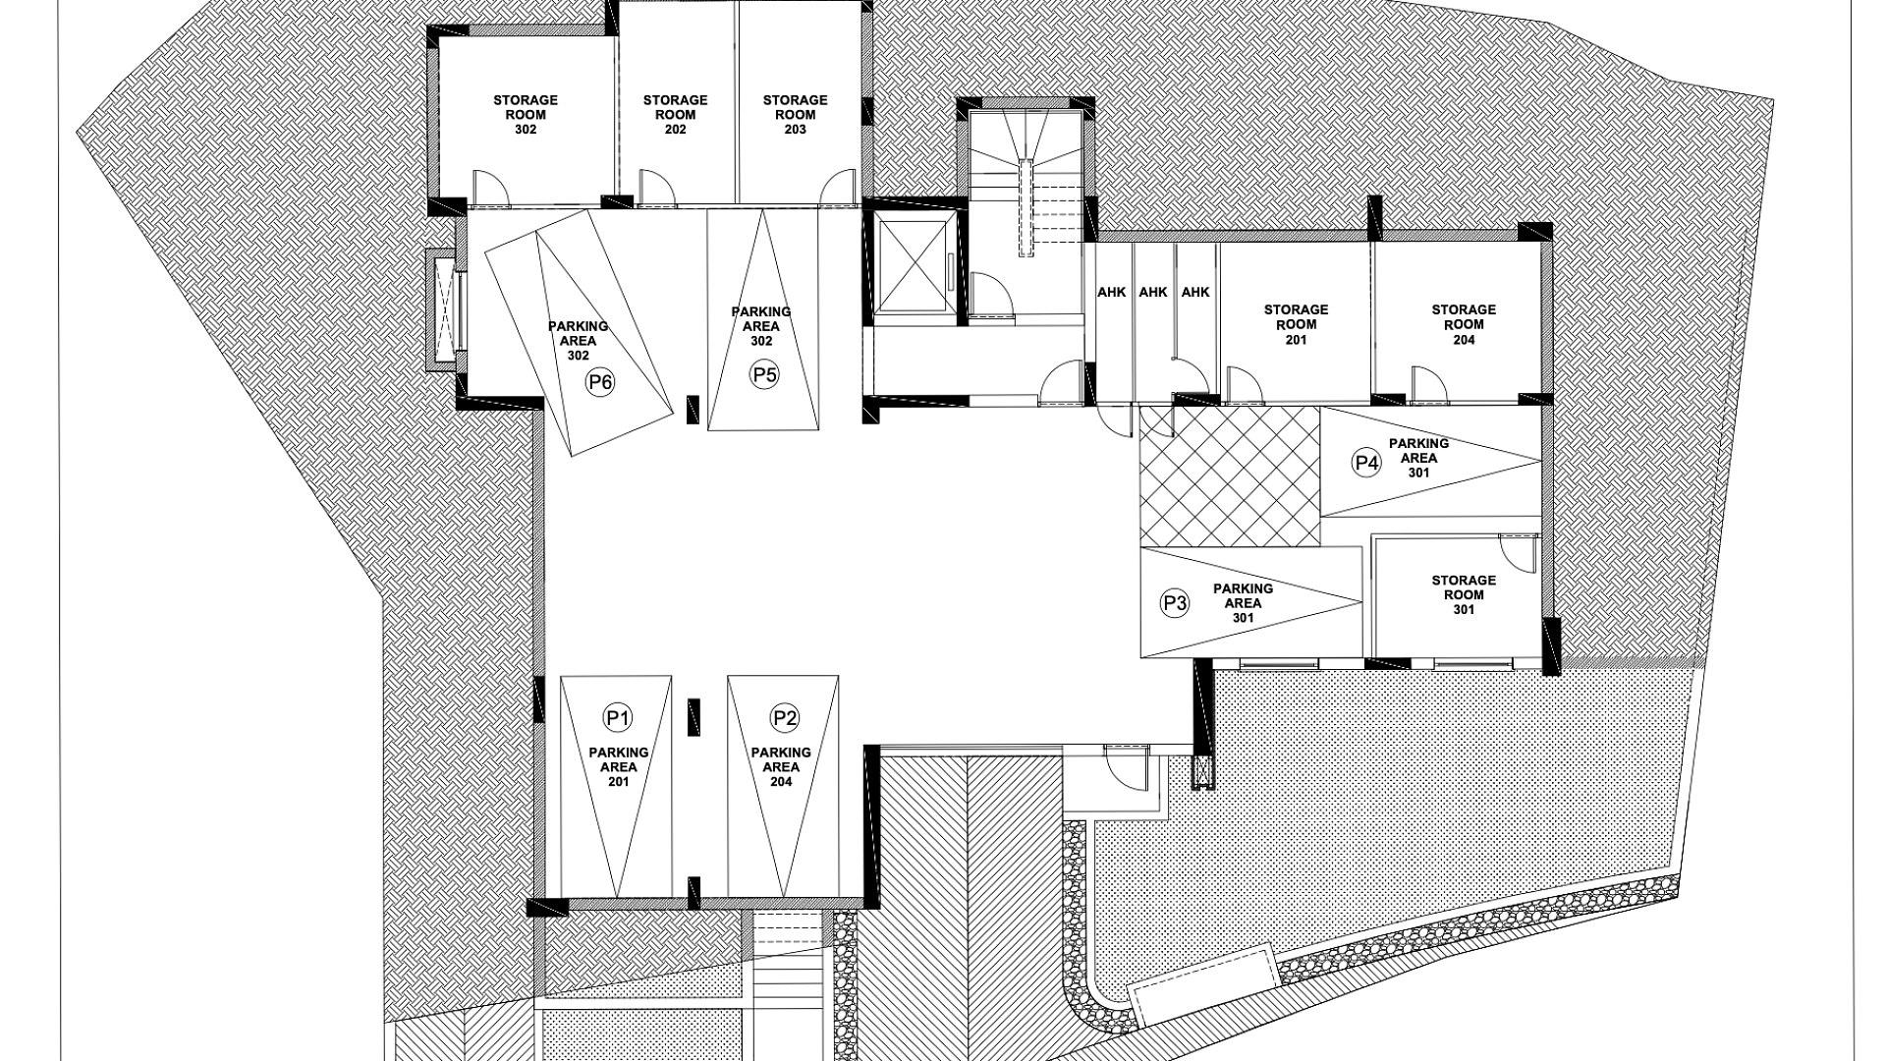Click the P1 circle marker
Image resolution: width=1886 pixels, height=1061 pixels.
618,718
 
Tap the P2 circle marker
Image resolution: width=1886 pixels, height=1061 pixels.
784,718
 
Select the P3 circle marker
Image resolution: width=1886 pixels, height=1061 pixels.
1175,603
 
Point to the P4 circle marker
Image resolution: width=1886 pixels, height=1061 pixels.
1366,463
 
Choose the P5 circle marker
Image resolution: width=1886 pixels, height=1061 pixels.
764,374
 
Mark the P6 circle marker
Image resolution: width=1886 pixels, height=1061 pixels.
599,382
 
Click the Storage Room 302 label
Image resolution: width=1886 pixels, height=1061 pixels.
526,115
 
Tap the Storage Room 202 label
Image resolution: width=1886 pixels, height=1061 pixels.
675,115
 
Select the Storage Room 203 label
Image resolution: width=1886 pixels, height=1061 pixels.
795,115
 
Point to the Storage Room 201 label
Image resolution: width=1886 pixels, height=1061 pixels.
1296,324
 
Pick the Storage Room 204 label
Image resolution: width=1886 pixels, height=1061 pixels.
1464,324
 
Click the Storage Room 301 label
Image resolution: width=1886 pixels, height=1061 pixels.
1464,594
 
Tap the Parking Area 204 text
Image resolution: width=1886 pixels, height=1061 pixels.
781,767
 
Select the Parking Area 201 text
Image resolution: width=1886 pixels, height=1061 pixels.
618,767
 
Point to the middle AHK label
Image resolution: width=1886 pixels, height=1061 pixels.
1152,292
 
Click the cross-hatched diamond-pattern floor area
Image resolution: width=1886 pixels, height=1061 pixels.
1230,475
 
